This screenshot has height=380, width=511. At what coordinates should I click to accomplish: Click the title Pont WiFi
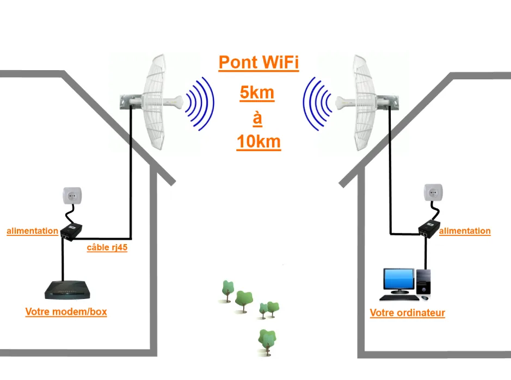258,63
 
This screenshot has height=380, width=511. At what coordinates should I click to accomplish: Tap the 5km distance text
257,93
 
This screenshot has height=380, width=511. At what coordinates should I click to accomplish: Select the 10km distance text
258,142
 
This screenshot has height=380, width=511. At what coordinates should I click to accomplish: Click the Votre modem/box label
66,312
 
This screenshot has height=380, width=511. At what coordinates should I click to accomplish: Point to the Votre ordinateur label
407,313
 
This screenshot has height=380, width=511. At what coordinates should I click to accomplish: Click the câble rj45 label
107,249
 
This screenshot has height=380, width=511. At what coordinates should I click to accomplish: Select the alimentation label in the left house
32,231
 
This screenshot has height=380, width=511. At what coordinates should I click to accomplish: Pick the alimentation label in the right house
465,231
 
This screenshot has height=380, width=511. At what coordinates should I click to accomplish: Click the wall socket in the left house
72,195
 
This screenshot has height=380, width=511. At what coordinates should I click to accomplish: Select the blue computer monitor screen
398,280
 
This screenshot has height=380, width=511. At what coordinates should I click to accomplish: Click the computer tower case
423,282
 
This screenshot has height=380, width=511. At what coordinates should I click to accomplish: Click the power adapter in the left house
71,232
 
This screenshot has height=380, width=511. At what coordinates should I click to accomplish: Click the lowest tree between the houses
267,340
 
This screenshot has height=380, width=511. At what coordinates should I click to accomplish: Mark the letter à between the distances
257,117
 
